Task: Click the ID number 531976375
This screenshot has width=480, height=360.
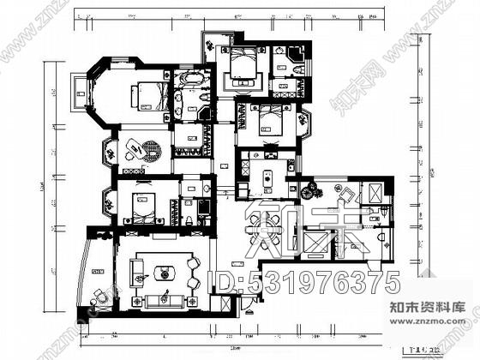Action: pyautogui.click(x=307, y=282)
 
